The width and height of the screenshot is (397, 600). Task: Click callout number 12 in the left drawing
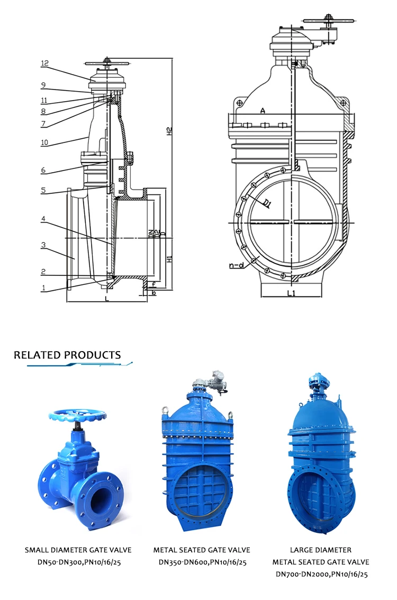point(44,64)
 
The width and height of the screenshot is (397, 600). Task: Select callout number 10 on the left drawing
point(44,142)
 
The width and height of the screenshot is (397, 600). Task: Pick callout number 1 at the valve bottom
point(44,289)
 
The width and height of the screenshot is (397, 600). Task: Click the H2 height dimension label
point(169,130)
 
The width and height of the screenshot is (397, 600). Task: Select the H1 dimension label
point(169,259)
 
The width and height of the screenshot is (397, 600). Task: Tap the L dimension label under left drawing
point(107,300)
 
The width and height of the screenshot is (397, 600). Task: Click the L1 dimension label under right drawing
point(291,293)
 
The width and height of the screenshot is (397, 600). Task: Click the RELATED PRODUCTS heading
point(67,355)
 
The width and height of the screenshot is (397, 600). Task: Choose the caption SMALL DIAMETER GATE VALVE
point(78,550)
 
